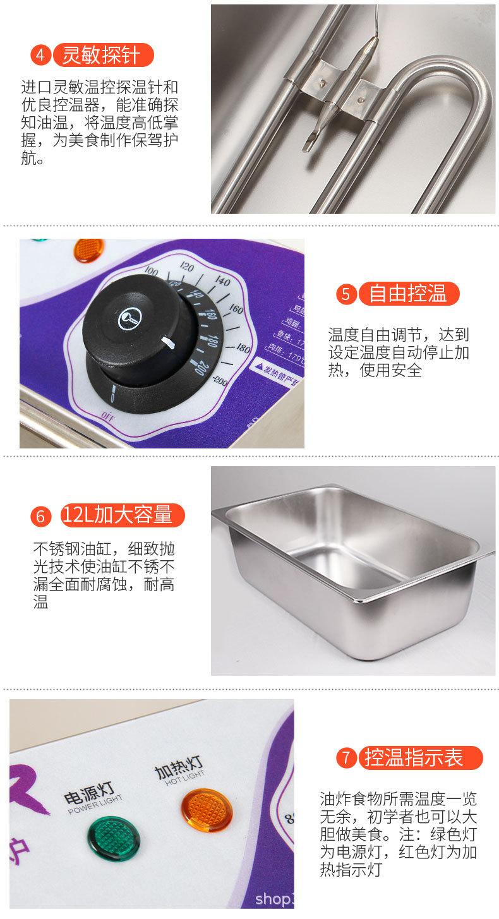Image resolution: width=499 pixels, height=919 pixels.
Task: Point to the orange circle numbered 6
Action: point(40,515)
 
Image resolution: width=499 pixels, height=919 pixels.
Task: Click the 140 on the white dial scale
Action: point(222,282)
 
